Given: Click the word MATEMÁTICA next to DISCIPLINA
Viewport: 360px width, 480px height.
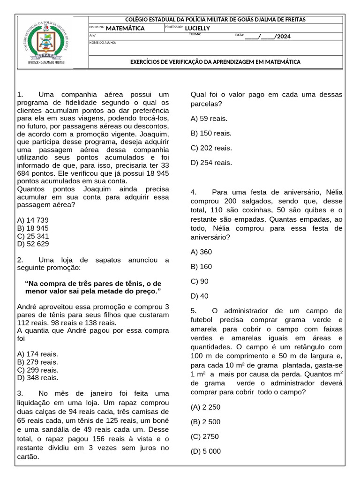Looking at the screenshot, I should coord(125,28).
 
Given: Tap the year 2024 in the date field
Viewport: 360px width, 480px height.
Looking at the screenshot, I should coord(284,36).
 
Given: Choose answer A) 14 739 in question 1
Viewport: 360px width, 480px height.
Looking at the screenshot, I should coord(32,220).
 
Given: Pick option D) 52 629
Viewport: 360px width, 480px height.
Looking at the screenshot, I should coord(32,244).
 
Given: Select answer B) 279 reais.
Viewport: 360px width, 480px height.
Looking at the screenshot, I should coord(37,362).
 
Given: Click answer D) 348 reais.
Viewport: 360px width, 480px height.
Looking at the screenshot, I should coord(37,377).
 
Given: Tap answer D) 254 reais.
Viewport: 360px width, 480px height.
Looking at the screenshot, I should coord(211,163).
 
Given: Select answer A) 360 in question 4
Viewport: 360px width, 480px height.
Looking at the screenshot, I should coord(201,252).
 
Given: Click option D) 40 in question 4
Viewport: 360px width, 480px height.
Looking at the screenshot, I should coord(199,296).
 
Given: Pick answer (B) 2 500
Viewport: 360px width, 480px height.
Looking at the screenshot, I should coord(205,421).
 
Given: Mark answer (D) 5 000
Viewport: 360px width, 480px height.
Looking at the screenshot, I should coord(205,451).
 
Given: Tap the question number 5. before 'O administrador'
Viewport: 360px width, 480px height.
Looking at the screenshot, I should coord(194,310).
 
